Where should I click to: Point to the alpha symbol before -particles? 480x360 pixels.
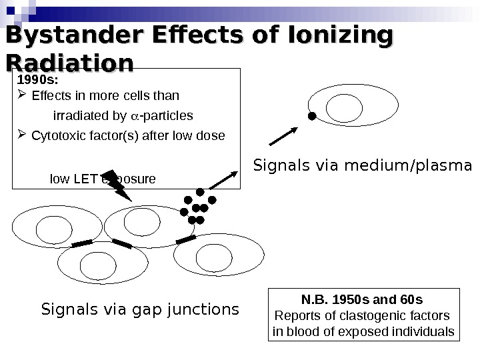click(x=133, y=116)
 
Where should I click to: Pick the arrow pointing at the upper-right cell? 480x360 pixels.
click(x=283, y=133)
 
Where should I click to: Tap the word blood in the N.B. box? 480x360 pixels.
click(x=301, y=331)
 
